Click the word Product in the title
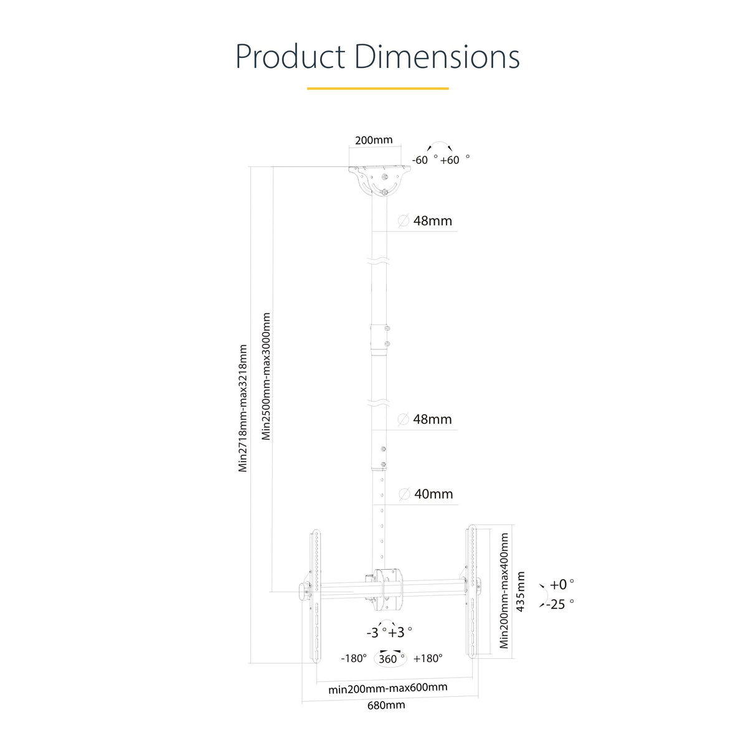pos(290,57)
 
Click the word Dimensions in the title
pos(437,56)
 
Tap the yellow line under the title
pos(378,88)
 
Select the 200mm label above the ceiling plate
pos(374,140)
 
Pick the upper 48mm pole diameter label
pos(432,221)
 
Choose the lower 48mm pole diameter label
pos(432,419)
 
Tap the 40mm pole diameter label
pos(433,494)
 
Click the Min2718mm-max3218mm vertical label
pos(243,409)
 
